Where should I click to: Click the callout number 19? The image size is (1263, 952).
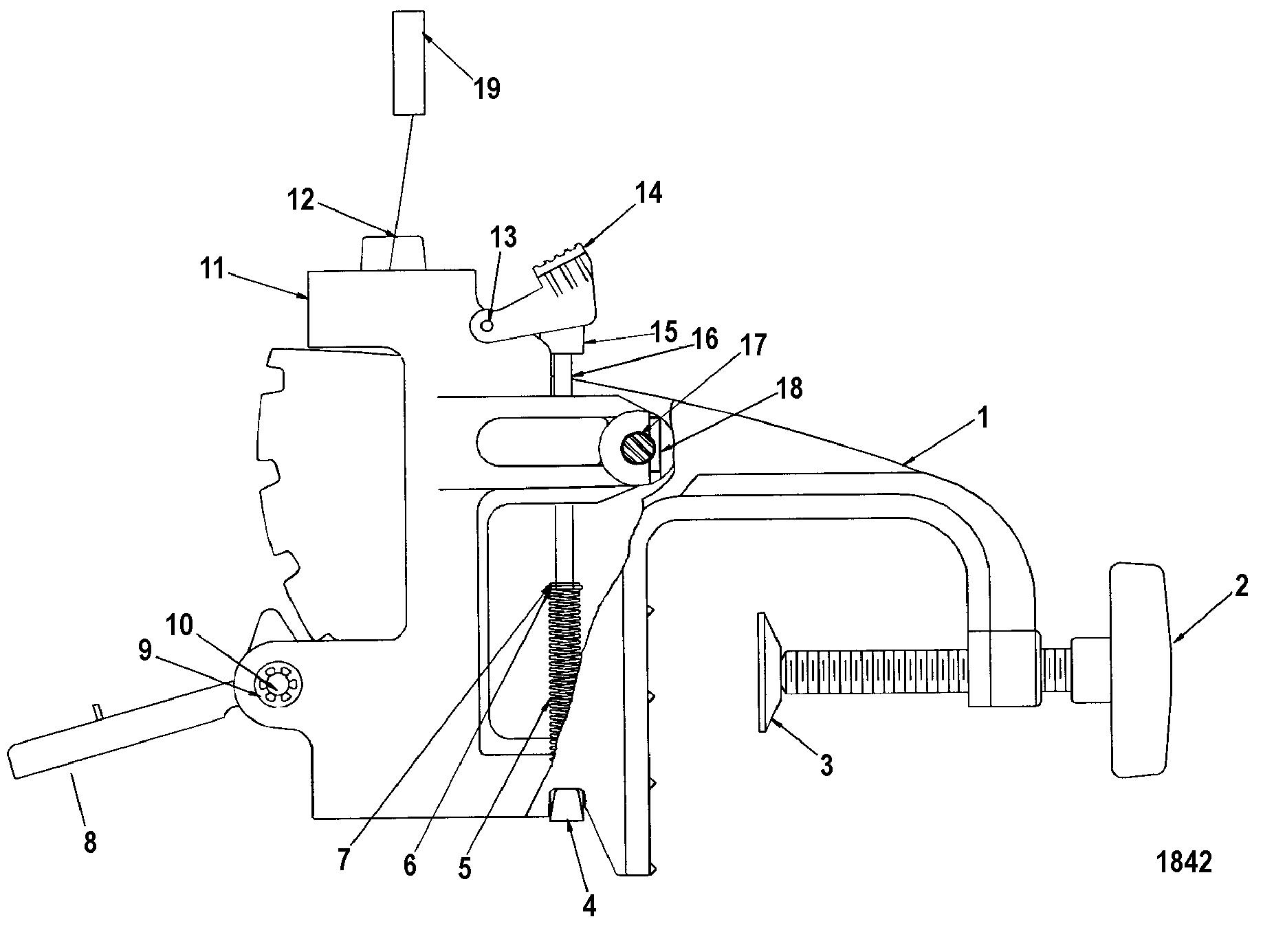click(x=487, y=89)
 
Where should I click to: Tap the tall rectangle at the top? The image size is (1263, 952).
click(x=408, y=63)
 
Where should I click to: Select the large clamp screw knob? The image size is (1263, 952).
click(x=1139, y=670)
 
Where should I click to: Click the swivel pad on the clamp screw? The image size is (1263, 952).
click(x=769, y=673)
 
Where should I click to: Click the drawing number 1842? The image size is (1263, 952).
click(x=1184, y=862)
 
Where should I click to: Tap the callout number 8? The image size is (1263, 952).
click(x=90, y=842)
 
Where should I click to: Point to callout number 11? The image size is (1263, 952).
click(x=213, y=269)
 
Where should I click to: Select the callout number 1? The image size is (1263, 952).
click(x=983, y=417)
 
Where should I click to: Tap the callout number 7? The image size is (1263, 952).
click(x=344, y=859)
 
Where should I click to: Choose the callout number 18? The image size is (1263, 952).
click(x=791, y=388)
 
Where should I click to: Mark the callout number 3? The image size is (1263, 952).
click(x=826, y=764)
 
